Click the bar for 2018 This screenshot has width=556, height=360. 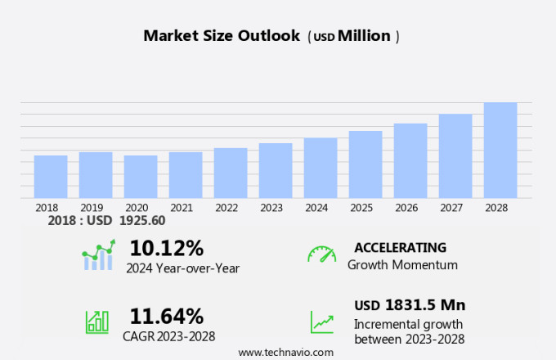51,176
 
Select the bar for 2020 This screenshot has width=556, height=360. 141,176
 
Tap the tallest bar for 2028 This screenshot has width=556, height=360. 500,150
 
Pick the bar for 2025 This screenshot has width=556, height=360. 365,164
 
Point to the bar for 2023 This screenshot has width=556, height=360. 276,170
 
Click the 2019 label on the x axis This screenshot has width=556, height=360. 92,208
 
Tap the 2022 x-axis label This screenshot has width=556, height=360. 226,208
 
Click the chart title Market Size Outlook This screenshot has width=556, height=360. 222,36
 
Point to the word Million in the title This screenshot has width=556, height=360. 364,36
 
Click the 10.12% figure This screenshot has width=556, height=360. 167,247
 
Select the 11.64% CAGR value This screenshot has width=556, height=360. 167,316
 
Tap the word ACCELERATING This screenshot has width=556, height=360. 401,247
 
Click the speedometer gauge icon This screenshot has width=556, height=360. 321,254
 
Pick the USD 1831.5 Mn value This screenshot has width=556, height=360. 410,305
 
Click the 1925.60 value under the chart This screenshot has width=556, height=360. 142,221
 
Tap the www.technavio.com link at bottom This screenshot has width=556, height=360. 285,352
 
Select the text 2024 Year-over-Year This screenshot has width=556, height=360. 183,268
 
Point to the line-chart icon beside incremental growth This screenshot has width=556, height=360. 321,322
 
